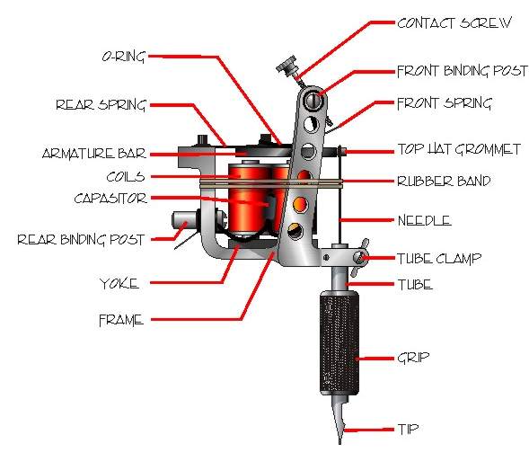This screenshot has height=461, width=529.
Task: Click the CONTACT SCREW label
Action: [454, 22]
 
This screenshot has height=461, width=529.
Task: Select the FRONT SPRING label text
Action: [444, 103]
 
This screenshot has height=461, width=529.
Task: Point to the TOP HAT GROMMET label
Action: [458, 150]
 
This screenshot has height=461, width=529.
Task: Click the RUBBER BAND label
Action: [444, 181]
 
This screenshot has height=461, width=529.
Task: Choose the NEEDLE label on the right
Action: [424, 220]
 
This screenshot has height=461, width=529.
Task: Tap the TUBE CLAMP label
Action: [439, 258]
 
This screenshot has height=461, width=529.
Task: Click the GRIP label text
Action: [412, 358]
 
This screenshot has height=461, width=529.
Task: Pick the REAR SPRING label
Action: [100, 104]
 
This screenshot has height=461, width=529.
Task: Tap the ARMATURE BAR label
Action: [93, 153]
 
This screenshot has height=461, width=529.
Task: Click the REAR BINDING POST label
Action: [74, 239]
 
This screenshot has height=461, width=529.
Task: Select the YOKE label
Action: [119, 284]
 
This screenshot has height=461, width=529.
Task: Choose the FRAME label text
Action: [121, 319]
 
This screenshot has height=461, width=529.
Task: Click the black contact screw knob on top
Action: [286, 66]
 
